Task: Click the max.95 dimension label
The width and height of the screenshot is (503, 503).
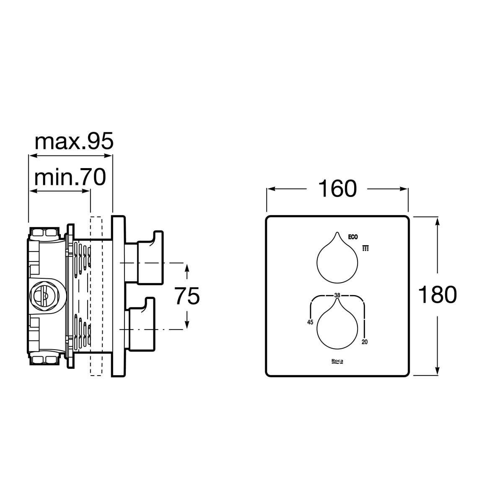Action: point(74,141)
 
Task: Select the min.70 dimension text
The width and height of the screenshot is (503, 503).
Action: point(70,177)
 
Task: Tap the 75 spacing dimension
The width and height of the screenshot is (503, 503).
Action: point(187,296)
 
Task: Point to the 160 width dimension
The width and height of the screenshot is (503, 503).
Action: point(337,189)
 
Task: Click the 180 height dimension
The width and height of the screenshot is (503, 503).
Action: point(438,294)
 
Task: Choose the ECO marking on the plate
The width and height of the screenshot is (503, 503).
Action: point(353,237)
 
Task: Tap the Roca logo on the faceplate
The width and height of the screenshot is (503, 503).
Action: point(337,361)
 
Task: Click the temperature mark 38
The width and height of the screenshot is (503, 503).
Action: point(337,296)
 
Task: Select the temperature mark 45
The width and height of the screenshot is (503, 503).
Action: point(310,322)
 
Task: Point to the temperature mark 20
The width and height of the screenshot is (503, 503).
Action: point(365,342)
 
